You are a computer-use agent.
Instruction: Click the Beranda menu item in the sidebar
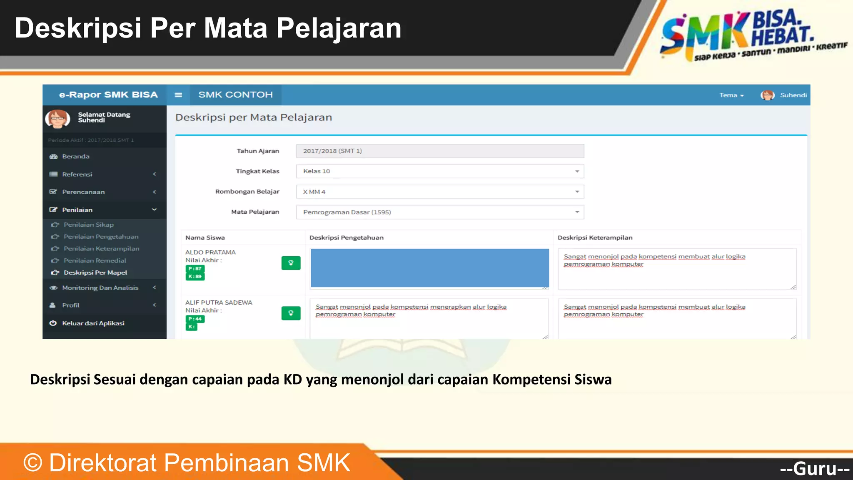click(x=75, y=157)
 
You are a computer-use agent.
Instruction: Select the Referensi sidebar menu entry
click(x=77, y=174)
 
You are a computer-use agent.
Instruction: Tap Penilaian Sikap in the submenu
click(x=88, y=225)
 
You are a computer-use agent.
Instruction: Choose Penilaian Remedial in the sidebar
click(x=95, y=260)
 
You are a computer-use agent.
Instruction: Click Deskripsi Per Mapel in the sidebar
click(x=95, y=272)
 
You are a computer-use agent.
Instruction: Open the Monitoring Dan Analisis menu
click(x=100, y=288)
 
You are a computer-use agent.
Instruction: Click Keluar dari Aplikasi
click(x=93, y=323)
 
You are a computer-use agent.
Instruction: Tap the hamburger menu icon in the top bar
click(x=178, y=95)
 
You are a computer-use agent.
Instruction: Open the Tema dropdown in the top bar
click(x=731, y=95)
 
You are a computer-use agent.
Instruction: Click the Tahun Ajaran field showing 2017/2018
click(x=440, y=151)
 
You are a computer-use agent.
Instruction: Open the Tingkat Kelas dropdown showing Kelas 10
click(x=440, y=171)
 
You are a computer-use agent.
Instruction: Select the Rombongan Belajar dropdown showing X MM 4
click(x=440, y=192)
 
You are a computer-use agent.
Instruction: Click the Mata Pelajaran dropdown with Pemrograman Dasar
click(x=440, y=212)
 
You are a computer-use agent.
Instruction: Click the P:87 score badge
click(x=195, y=269)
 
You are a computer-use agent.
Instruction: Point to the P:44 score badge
click(x=195, y=319)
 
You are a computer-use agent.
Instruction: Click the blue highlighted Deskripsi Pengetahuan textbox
click(x=429, y=268)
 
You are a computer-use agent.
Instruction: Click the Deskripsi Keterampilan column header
click(x=595, y=238)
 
